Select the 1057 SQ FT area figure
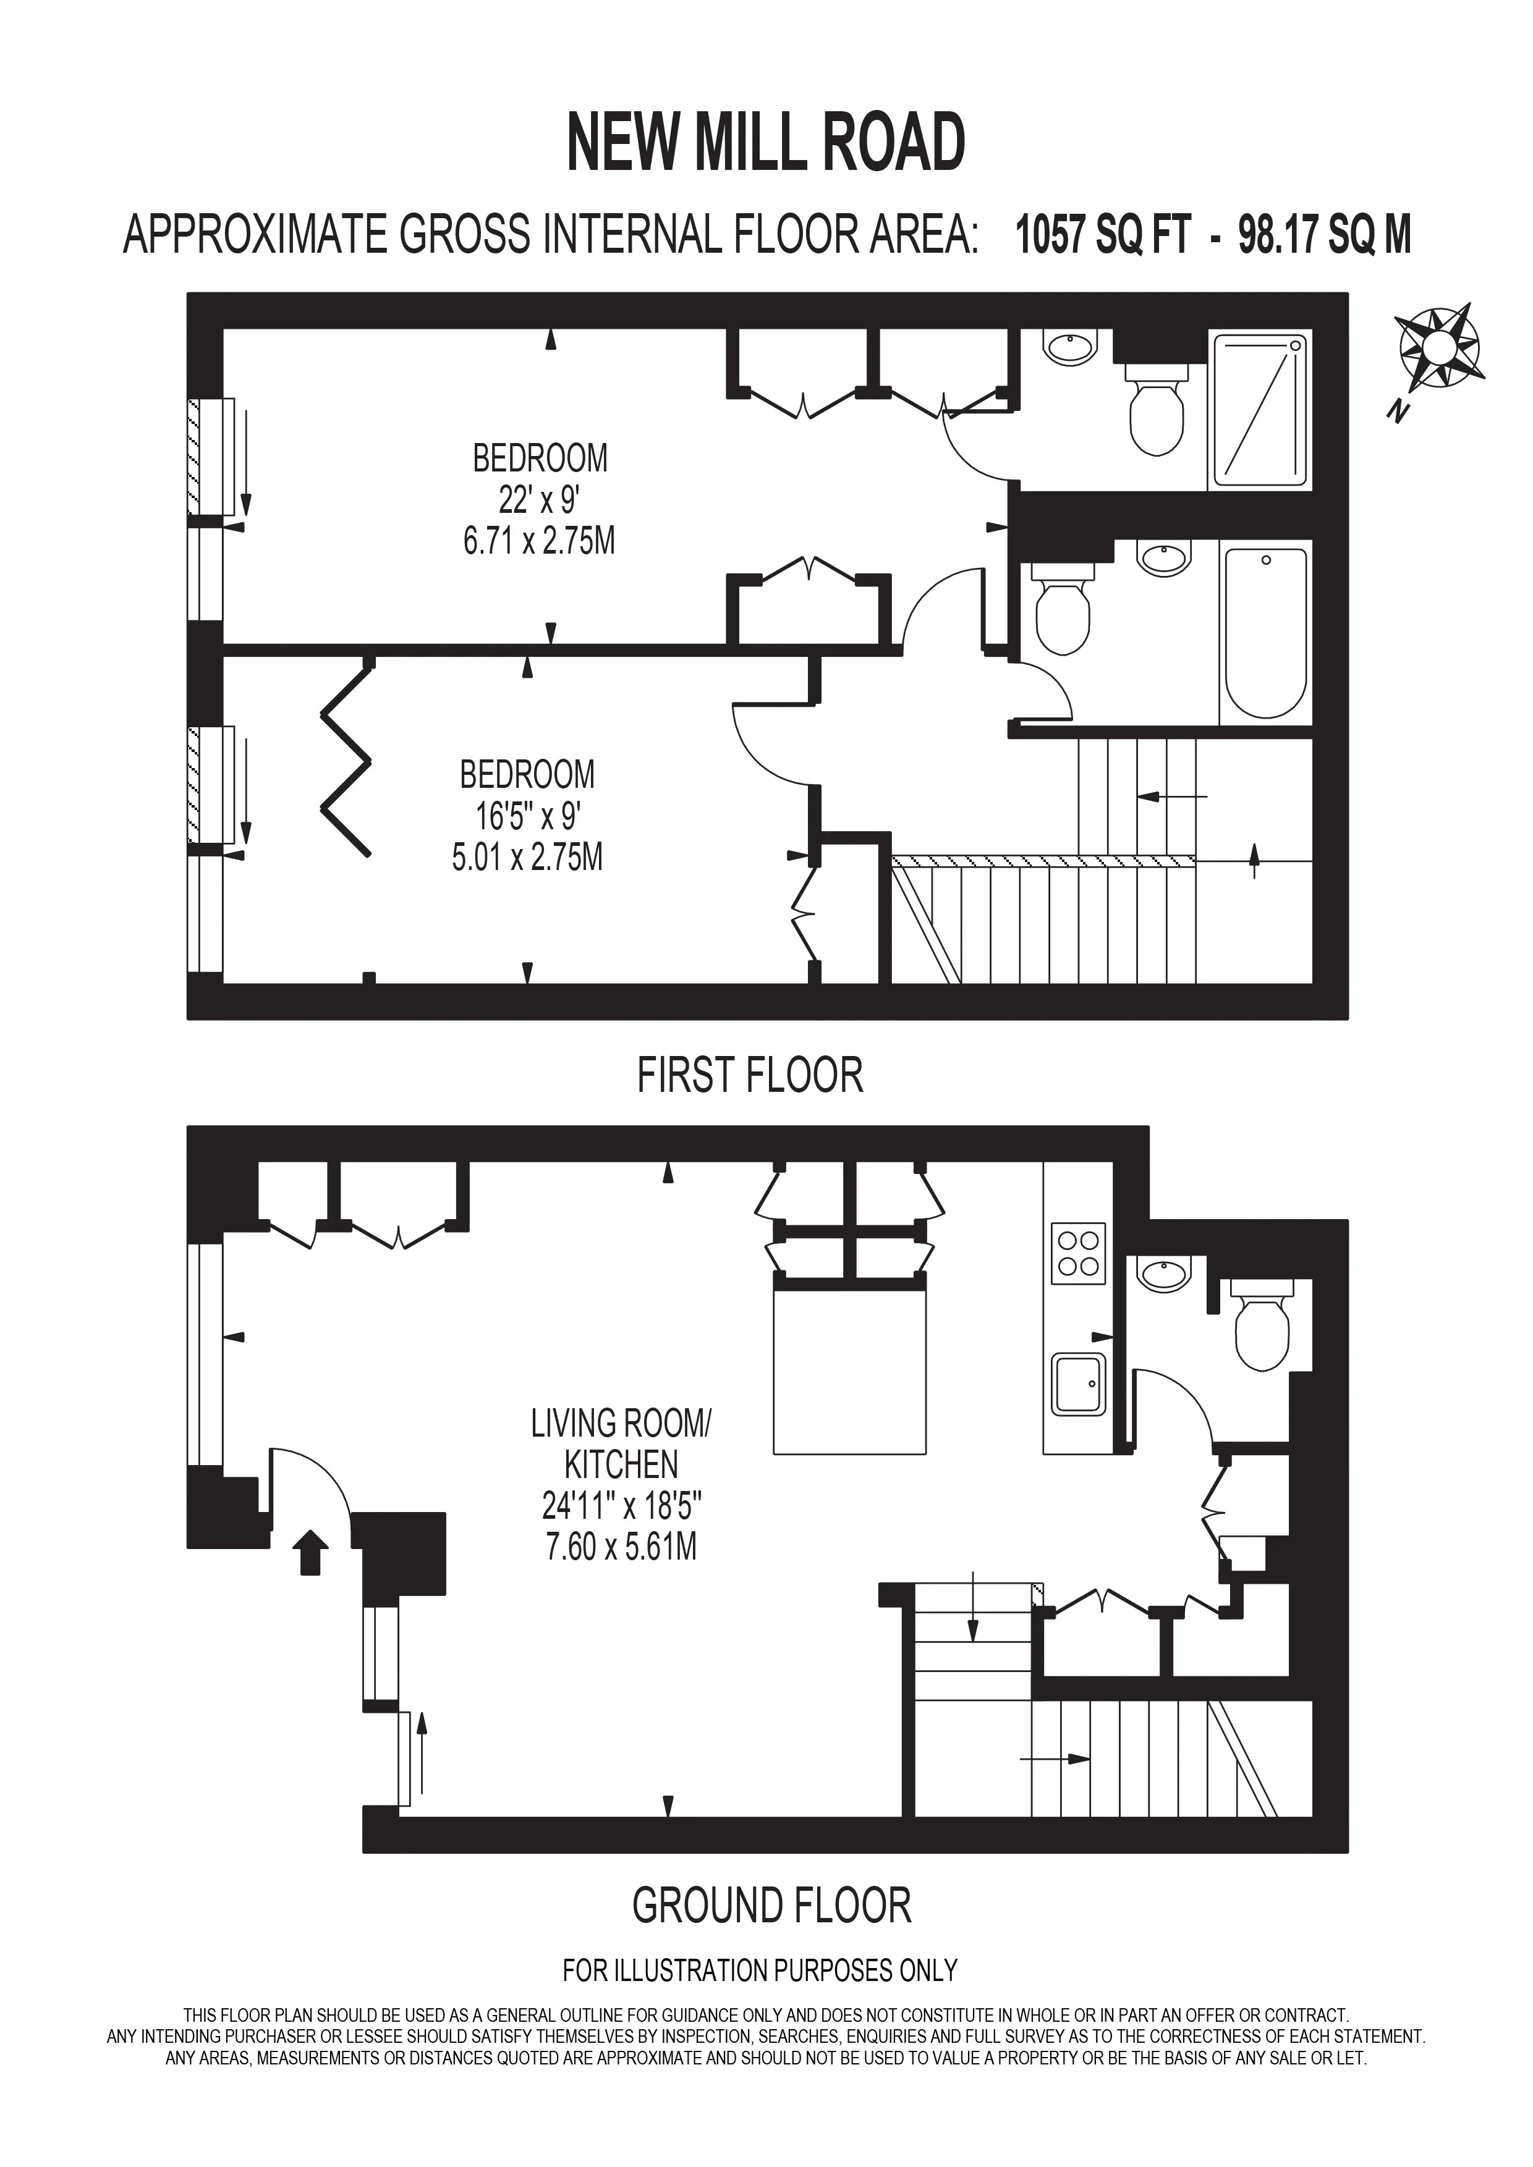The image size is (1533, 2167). pos(1102,235)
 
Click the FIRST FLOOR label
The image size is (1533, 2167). pos(750,1076)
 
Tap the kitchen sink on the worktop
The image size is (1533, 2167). pos(1079,1385)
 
